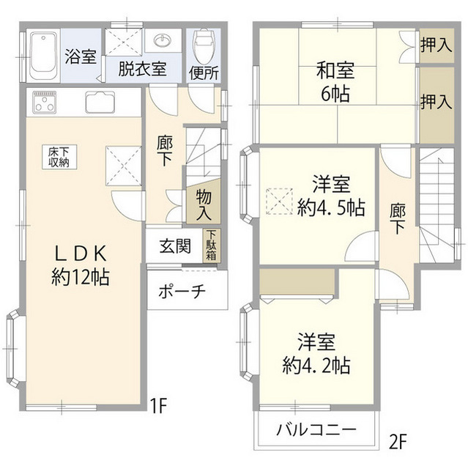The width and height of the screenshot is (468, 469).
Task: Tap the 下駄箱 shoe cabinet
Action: click(211, 246)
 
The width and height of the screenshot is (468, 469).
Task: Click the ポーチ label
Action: click(182, 291)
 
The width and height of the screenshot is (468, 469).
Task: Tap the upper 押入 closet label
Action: click(436, 45)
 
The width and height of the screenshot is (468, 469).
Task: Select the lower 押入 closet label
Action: click(436, 101)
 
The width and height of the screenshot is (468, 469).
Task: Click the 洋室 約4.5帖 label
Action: click(331, 195)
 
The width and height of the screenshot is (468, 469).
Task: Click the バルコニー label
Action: click(316, 429)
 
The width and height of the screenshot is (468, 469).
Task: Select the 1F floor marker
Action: click(160, 403)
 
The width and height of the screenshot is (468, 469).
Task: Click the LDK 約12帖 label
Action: click(82, 265)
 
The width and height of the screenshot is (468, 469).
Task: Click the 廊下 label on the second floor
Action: click(398, 218)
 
